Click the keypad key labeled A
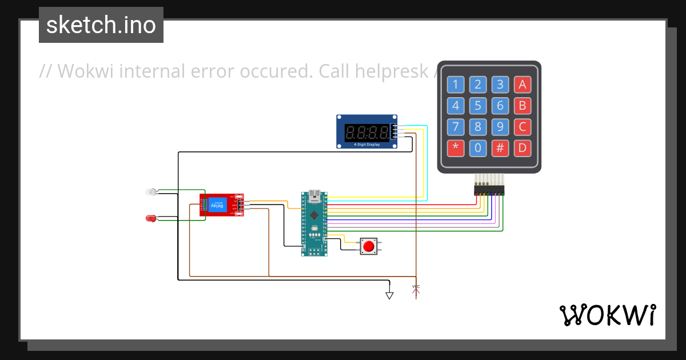tap(522, 85)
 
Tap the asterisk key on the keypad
tap(456, 149)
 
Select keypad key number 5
tap(478, 106)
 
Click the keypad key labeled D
tap(522, 149)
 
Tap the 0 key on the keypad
tap(478, 149)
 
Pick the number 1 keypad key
tap(456, 85)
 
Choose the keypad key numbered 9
tap(500, 127)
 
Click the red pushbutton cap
tap(369, 247)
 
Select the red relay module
tap(222, 205)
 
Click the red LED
tap(151, 218)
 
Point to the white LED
tap(151, 191)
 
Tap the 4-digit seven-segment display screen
tap(368, 133)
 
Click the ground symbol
tap(389, 295)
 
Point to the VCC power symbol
tap(416, 290)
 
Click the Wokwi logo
tap(607, 315)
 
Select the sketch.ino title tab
tap(101, 25)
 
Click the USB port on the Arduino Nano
tap(314, 197)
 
